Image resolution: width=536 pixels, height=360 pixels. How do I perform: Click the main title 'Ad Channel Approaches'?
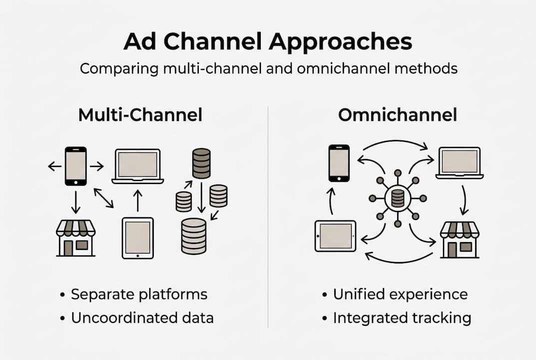click(268, 42)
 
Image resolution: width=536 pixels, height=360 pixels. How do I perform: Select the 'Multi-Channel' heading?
click(140, 115)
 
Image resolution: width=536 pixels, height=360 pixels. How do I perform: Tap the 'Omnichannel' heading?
click(397, 115)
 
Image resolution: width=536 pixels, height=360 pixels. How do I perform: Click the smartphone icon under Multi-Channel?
click(75, 166)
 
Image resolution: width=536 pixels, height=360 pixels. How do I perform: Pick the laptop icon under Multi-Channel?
click(137, 166)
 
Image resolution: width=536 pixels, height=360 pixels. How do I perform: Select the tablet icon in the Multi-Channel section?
click(137, 237)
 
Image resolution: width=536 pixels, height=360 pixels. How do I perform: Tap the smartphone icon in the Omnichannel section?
click(339, 163)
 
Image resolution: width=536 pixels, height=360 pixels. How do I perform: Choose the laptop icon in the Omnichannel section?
click(459, 163)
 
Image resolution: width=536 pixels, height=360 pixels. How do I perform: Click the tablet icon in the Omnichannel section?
click(335, 235)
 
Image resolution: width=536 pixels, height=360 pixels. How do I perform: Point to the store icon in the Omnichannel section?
click(459, 239)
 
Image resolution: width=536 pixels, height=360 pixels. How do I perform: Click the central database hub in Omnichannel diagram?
click(398, 198)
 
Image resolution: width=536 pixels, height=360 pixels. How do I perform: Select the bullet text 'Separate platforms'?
click(139, 294)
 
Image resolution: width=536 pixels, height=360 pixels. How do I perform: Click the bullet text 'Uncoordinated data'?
click(142, 317)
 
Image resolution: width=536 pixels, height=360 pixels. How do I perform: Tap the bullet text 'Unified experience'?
click(400, 294)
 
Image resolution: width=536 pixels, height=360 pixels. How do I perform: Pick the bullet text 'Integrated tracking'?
click(402, 317)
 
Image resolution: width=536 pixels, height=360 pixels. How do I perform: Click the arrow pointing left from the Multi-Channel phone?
click(54, 166)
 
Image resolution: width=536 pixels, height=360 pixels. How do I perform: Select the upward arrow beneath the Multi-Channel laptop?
click(138, 200)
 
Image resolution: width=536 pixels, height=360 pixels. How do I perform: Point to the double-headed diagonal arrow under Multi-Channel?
click(103, 197)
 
